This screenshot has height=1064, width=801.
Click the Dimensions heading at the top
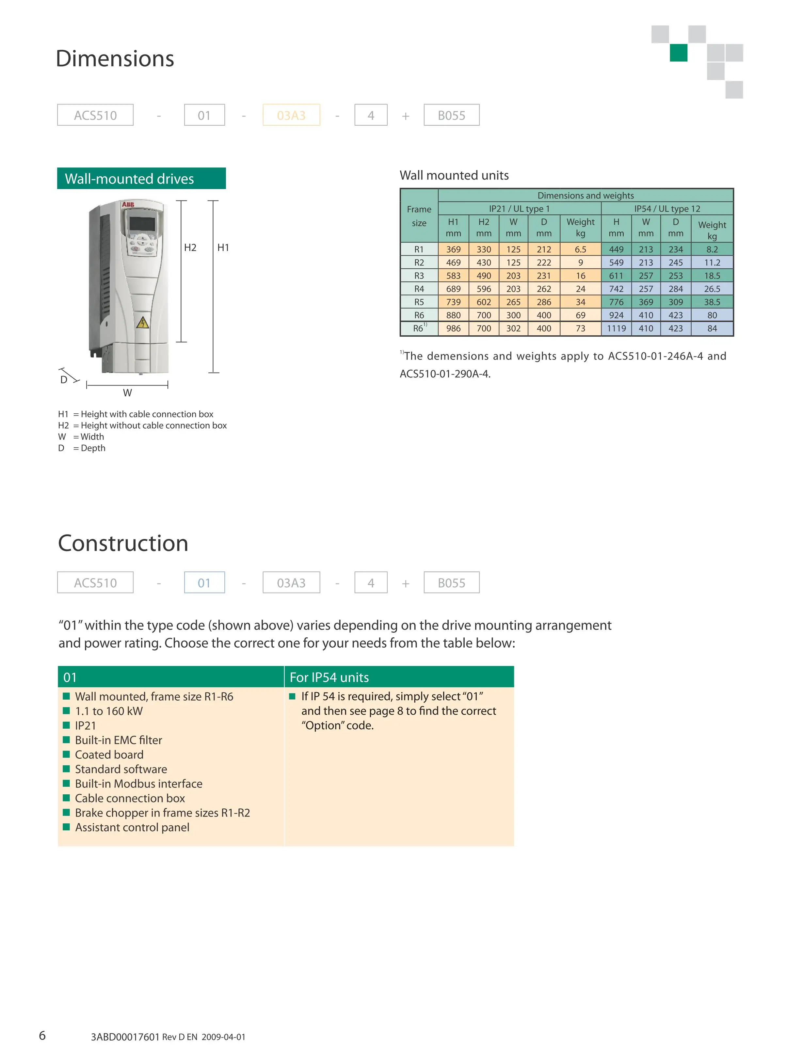[115, 59]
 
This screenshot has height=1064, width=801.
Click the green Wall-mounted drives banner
[141, 179]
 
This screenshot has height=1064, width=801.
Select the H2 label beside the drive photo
[190, 247]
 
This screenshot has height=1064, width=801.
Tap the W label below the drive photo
[127, 392]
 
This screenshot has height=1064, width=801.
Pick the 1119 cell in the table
[616, 328]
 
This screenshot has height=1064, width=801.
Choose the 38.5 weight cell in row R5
[712, 302]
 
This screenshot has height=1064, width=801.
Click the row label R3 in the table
[419, 276]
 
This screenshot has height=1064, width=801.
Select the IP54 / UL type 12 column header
[667, 208]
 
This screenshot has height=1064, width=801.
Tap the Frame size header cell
[419, 216]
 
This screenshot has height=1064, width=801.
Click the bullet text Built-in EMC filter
[118, 740]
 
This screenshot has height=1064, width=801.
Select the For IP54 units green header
[398, 677]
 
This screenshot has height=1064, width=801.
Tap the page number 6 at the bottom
[42, 1035]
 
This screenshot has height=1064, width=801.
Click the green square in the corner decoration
[678, 53]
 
